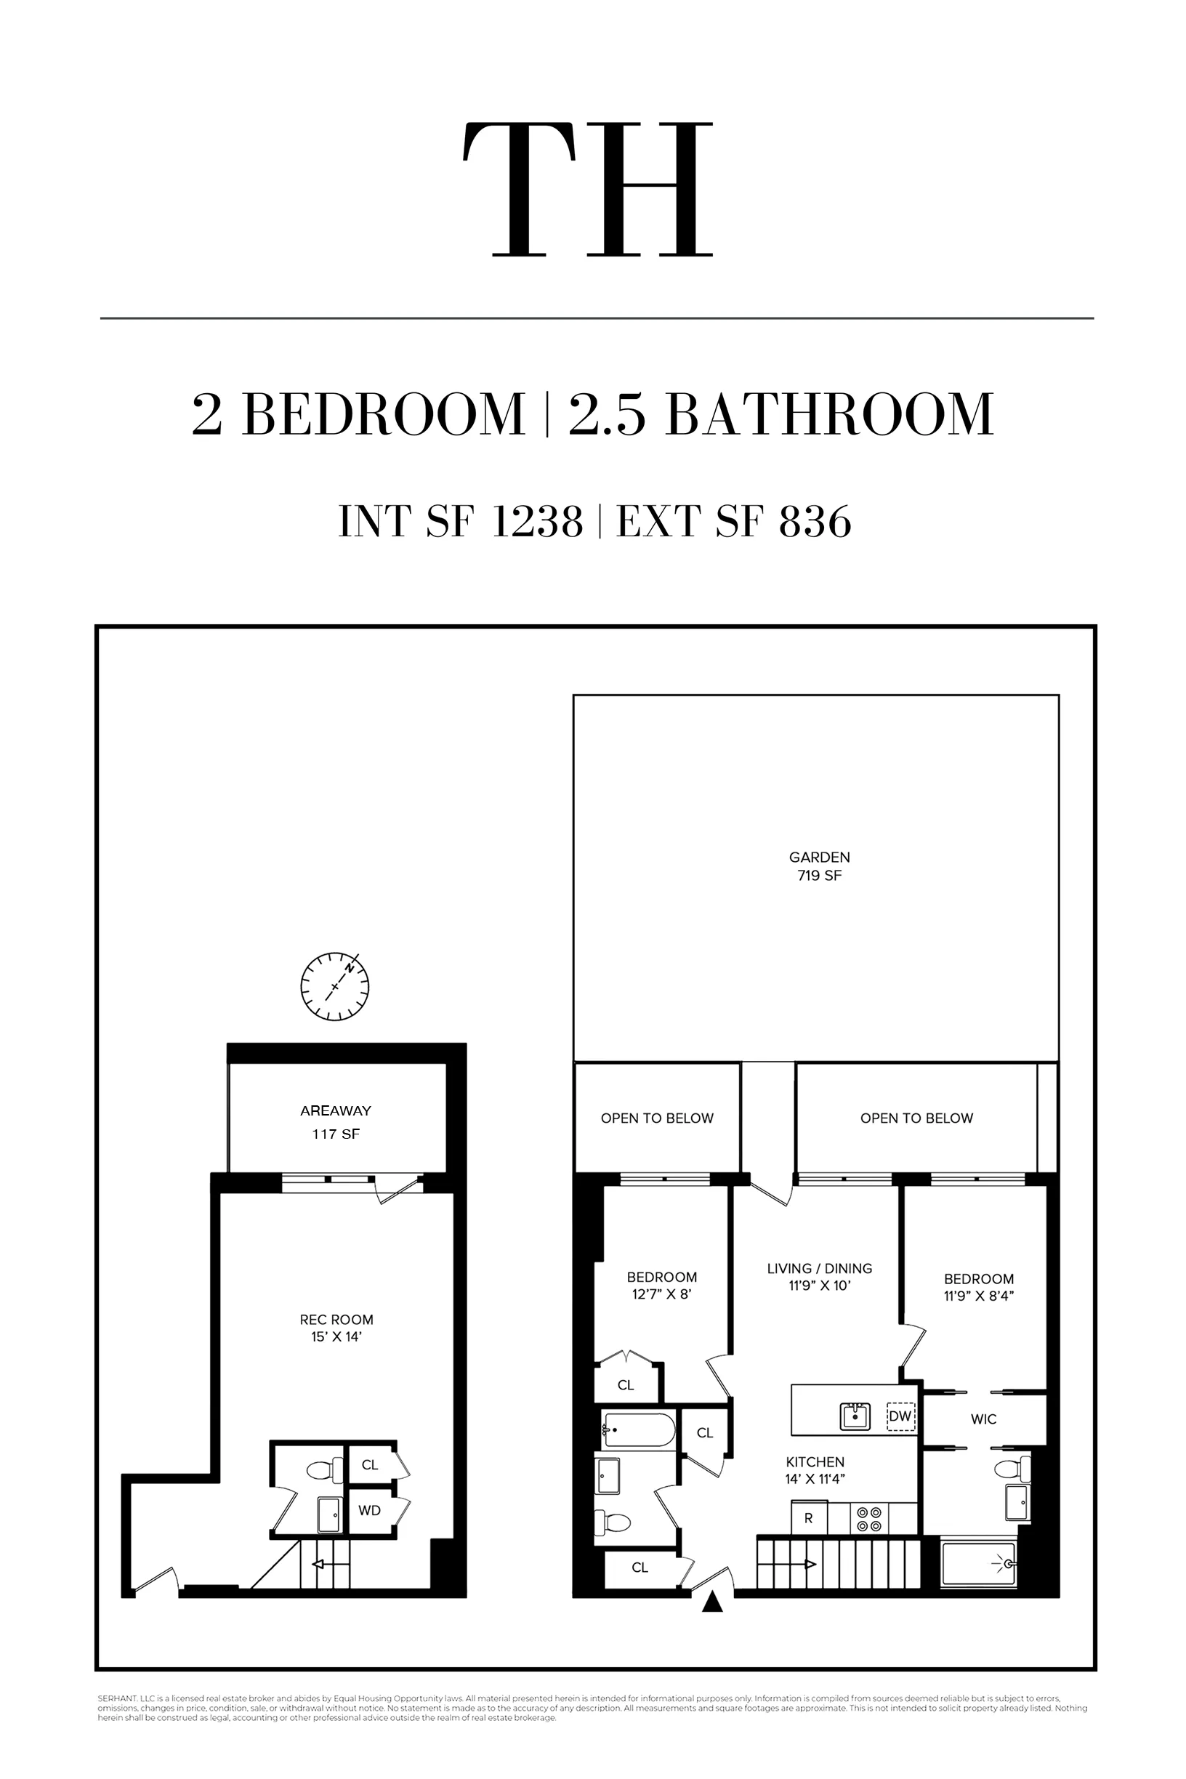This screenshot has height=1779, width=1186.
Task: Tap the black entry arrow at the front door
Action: (711, 1601)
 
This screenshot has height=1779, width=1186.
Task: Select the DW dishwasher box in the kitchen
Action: (900, 1416)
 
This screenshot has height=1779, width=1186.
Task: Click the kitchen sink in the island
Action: (855, 1416)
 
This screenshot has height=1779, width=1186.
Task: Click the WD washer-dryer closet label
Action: (369, 1511)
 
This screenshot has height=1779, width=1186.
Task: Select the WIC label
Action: (983, 1420)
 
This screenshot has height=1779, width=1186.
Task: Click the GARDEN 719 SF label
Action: (819, 866)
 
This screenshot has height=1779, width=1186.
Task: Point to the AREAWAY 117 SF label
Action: (336, 1122)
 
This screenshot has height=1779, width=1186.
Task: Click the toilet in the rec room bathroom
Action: (322, 1470)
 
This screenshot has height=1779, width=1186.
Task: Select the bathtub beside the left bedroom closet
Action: (639, 1429)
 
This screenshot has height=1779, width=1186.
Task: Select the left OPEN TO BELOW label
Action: (656, 1118)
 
